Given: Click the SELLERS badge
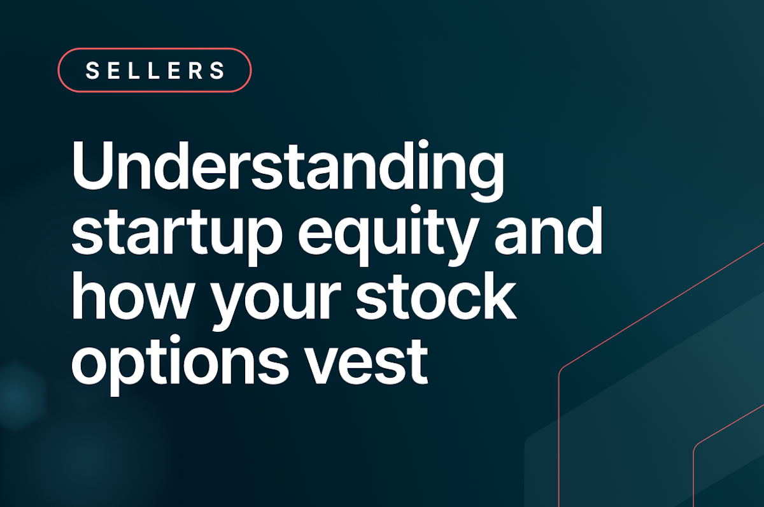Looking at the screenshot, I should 155,70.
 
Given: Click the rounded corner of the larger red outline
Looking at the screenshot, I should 563,373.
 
